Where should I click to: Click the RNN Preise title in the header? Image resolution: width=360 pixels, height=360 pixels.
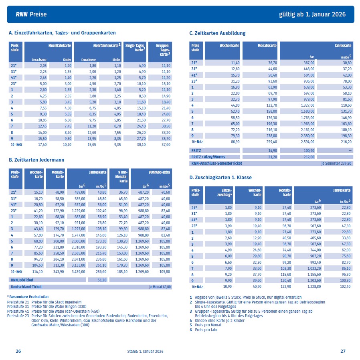click(31, 14)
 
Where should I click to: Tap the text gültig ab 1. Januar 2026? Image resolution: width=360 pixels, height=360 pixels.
click(312, 14)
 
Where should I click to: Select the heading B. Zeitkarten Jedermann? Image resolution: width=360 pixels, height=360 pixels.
click(36, 160)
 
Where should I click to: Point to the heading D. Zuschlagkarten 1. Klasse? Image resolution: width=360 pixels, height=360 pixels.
click(220, 177)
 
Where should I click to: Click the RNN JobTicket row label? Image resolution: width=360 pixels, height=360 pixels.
click(23, 280)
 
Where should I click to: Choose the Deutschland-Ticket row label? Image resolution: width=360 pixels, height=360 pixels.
click(26, 287)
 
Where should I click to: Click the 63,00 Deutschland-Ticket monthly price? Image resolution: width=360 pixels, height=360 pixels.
click(166, 287)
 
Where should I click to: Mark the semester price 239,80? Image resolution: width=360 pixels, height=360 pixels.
click(345, 163)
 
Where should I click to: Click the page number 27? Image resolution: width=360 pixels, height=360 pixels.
click(343, 351)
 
